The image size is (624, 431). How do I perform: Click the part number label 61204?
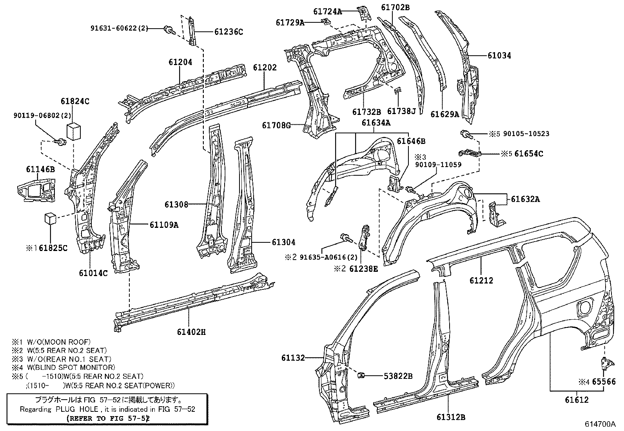[x=180, y=62]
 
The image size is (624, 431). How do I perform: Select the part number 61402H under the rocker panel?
[x=191, y=332]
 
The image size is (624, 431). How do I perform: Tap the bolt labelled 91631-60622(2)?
[x=169, y=29]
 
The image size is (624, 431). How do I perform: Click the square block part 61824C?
[x=74, y=131]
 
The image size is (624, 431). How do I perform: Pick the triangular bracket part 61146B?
[x=36, y=190]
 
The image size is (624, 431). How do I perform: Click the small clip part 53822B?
[x=361, y=376]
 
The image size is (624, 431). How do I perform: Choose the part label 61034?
[x=499, y=55]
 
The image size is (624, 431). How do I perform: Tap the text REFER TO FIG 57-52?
[x=108, y=418]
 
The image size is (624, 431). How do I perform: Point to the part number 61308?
[x=176, y=205]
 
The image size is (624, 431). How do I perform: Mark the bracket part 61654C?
[x=470, y=153]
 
